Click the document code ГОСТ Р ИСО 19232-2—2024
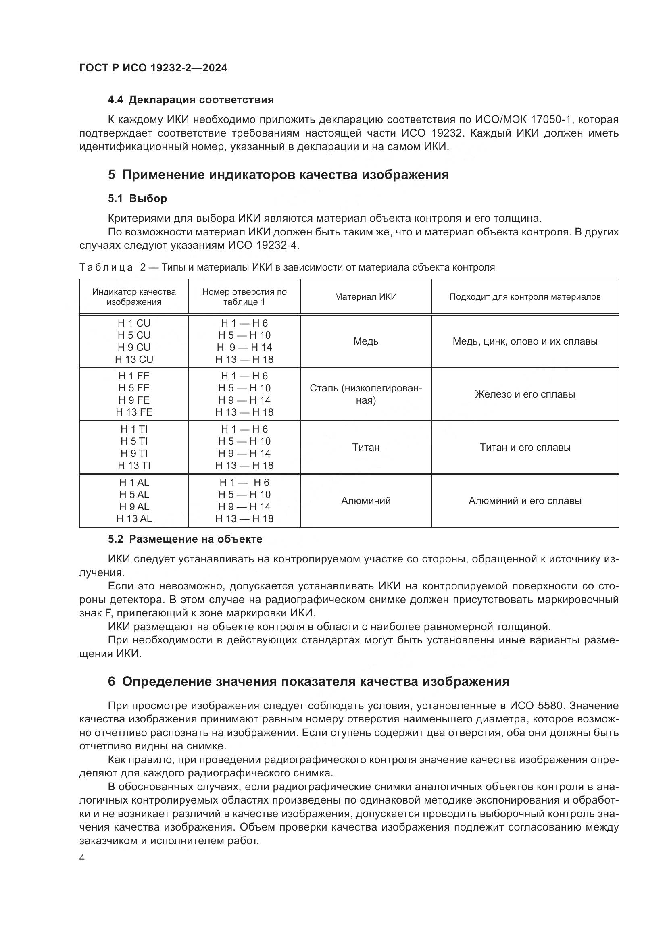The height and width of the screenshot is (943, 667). pos(153,68)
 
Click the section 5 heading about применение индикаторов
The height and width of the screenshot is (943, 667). pos(279,175)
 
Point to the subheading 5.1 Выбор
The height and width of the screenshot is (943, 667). pos(138,198)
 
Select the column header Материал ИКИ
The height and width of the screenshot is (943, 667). pos(365,297)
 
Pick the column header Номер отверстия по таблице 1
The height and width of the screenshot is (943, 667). pos(244,297)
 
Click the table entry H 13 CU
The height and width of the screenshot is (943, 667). pos(134,359)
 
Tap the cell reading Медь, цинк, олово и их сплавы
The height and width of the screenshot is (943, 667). pos(525,341)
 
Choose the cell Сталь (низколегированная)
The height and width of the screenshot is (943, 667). pos(365,394)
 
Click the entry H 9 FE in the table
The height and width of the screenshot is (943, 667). pos(134,400)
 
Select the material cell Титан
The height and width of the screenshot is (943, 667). pos(365,447)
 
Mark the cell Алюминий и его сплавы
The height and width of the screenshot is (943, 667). pos(525,501)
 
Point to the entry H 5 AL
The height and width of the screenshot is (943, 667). pos(134,495)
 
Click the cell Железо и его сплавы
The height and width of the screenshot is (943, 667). pos(525,394)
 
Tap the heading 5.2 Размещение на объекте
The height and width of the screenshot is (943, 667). pos(185,539)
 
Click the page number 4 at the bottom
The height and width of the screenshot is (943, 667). pos(82,858)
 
